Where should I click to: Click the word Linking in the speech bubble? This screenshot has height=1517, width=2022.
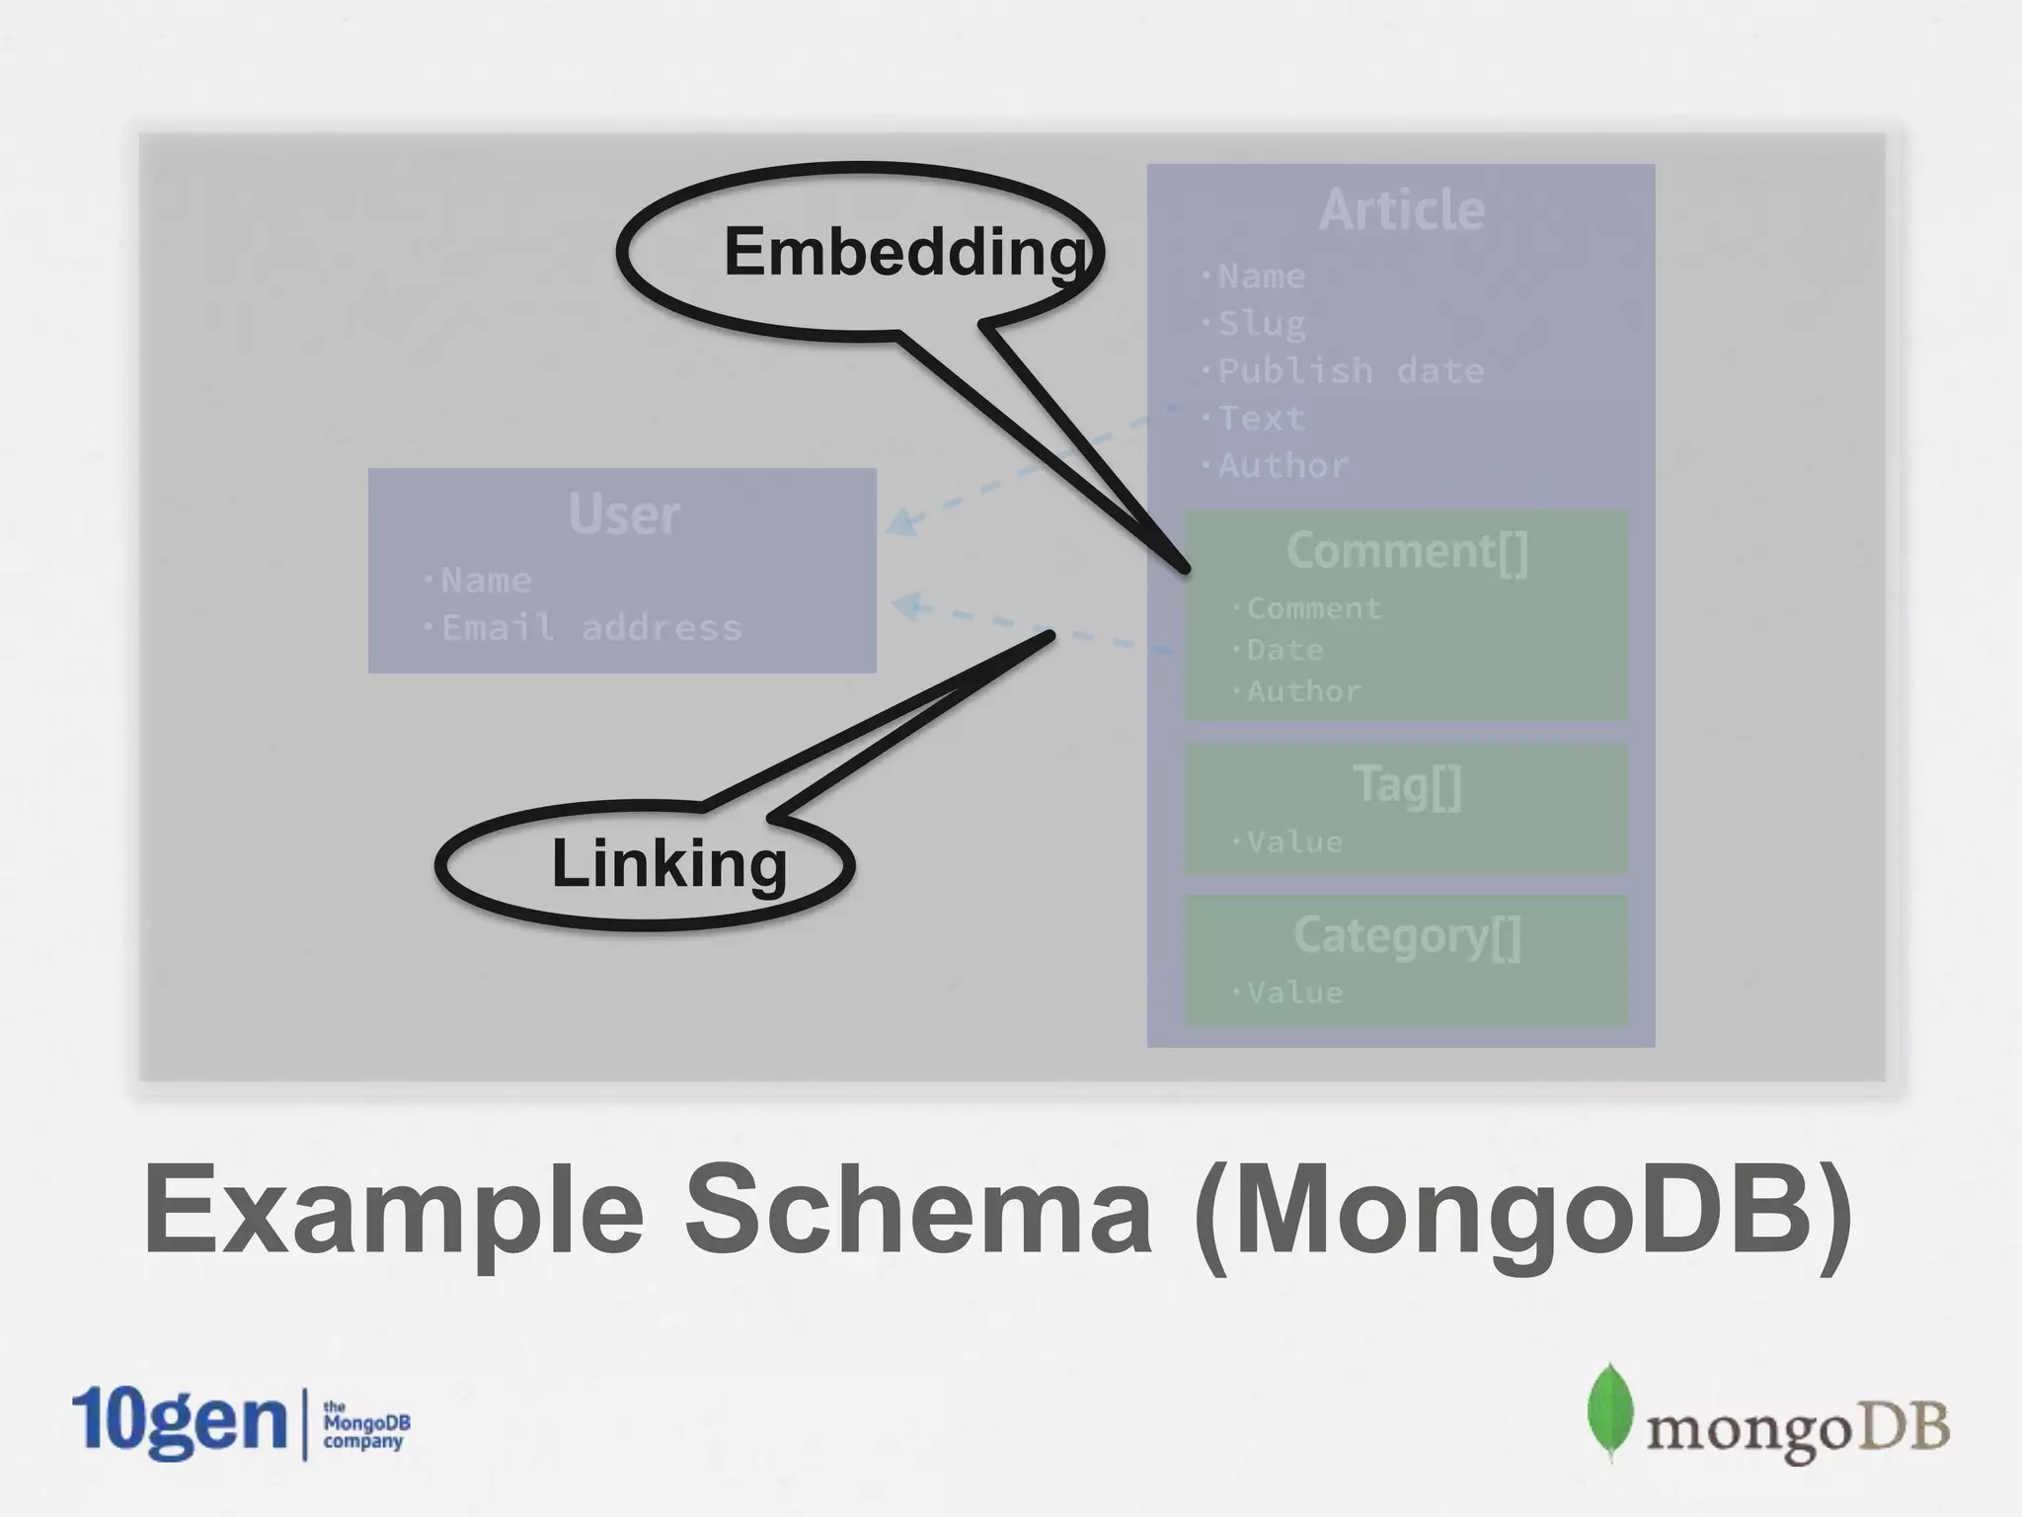[669, 864]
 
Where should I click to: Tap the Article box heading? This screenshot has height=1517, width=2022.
[1402, 210]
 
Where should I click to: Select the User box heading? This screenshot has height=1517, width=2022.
[624, 515]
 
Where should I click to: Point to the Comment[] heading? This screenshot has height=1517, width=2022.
[1407, 551]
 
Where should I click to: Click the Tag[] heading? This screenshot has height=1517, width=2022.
[1407, 786]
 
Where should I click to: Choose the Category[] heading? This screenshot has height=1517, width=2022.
[1407, 936]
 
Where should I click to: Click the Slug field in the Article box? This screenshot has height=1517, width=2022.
[1261, 324]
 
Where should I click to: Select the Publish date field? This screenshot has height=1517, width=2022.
[1350, 371]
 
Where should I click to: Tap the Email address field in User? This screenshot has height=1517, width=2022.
[590, 628]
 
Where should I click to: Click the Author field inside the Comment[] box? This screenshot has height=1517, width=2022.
[1303, 691]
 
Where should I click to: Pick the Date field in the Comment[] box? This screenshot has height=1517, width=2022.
[1283, 650]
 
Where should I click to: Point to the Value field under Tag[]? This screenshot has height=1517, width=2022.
[1293, 842]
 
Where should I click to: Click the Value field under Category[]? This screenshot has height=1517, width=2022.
[1293, 993]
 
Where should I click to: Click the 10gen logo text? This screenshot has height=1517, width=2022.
[178, 1422]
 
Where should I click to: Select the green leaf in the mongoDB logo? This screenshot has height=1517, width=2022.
[1609, 1412]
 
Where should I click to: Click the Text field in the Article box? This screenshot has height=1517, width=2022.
[1261, 419]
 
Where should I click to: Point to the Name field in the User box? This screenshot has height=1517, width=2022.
[485, 581]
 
